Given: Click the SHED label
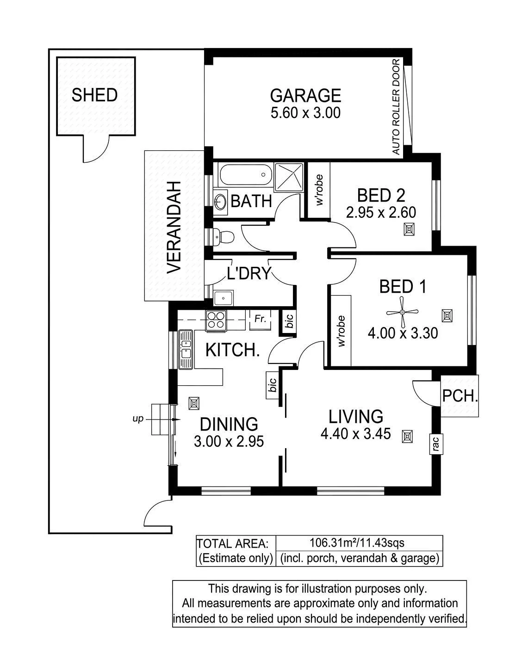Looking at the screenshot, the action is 94,95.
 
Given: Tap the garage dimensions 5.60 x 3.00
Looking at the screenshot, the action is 306,113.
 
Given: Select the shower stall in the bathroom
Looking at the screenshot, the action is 289,177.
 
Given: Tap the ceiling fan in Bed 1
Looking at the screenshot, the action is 402,312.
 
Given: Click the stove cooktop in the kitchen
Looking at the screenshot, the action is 216,320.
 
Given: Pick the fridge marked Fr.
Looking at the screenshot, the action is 260,319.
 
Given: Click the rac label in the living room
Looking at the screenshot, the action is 436,444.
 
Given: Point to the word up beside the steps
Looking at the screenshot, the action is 138,419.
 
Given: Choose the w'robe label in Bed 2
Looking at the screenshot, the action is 319,190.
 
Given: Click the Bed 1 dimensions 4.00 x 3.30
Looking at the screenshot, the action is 403,333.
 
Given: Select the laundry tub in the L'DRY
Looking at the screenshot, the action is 224,298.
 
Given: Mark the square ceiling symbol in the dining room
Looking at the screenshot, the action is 194,403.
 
